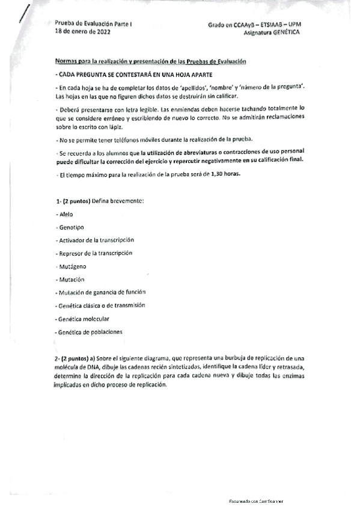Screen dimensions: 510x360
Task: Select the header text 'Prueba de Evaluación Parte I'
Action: tap(87, 24)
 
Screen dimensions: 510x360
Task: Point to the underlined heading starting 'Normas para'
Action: tap(150, 62)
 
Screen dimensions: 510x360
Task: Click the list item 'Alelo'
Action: tap(64, 214)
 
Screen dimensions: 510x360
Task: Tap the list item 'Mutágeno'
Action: tap(70, 266)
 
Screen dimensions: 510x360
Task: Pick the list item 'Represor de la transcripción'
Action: tap(93, 253)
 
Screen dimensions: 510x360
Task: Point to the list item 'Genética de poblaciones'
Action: tap(88, 331)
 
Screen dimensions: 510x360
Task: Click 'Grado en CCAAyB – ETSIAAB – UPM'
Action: tap(255, 25)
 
